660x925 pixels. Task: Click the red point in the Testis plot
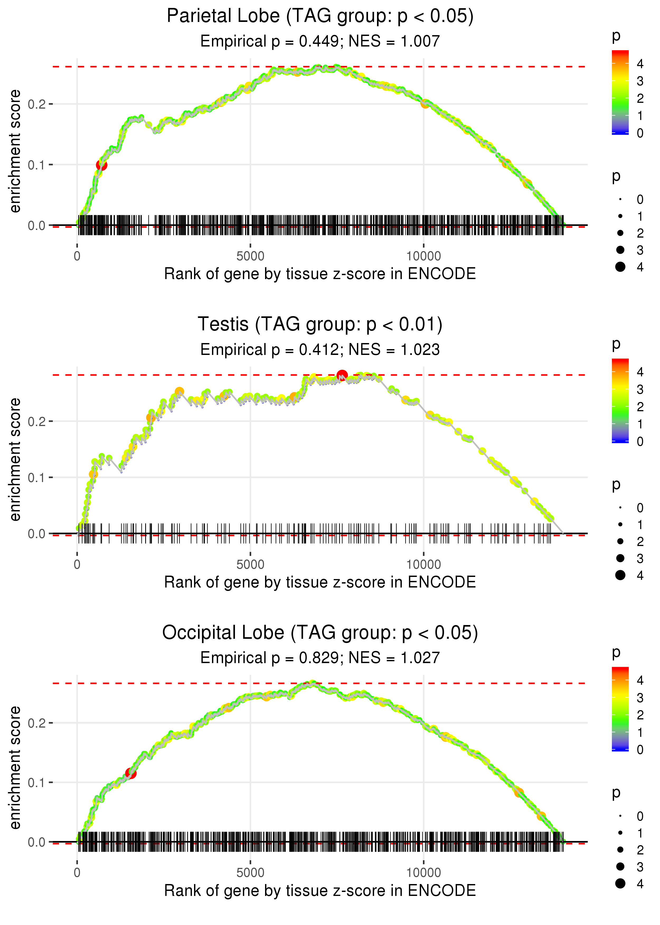click(x=342, y=375)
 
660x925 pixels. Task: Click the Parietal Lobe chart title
click(x=320, y=16)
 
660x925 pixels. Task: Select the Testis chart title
click(x=320, y=324)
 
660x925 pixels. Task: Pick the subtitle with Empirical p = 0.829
click(x=320, y=658)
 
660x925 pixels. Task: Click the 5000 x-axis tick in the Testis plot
click(x=250, y=565)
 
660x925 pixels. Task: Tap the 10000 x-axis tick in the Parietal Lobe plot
click(x=423, y=256)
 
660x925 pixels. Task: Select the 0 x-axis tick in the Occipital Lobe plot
click(x=77, y=873)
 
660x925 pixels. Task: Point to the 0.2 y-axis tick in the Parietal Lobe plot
click(x=37, y=104)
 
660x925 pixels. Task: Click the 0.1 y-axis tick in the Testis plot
click(x=37, y=478)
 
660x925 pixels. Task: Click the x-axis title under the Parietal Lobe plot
click(x=320, y=274)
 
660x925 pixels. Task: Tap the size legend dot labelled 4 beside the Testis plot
click(x=620, y=575)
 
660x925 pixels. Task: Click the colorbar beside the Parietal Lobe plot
click(x=620, y=92)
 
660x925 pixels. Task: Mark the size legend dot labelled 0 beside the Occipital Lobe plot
click(x=620, y=816)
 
